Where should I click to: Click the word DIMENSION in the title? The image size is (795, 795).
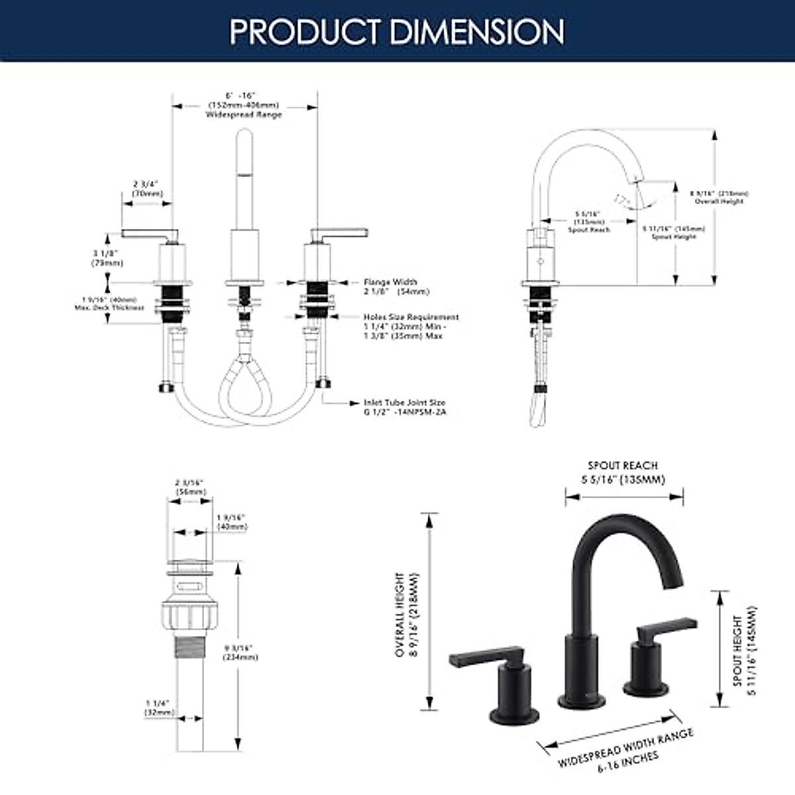(478, 31)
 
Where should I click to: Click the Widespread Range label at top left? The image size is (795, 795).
(243, 114)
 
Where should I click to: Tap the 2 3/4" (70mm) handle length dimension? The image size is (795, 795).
(146, 189)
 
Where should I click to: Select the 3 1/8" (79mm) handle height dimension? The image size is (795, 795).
(107, 258)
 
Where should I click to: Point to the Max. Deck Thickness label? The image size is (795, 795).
(110, 307)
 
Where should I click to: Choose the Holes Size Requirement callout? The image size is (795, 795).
(411, 326)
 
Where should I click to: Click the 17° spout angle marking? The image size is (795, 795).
(621, 199)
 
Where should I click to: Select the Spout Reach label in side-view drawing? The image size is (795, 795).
(589, 229)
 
